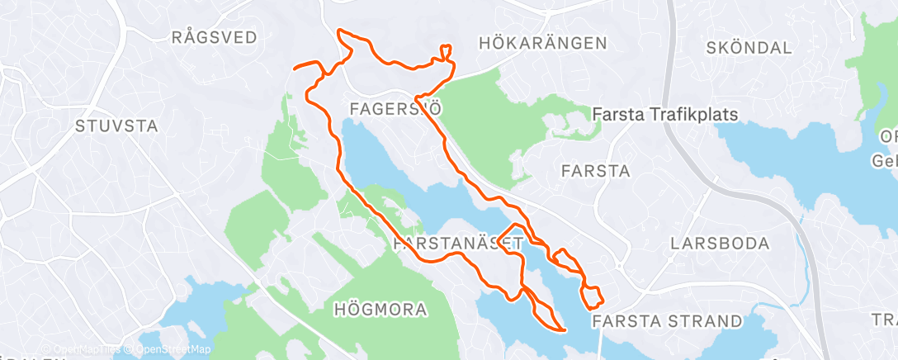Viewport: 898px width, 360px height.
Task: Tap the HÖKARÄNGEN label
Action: (542, 43)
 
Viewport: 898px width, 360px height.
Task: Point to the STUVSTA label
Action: (116, 126)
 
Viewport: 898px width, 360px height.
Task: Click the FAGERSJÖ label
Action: (390, 108)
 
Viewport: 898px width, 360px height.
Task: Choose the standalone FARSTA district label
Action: (595, 172)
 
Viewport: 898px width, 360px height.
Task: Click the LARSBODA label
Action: (720, 244)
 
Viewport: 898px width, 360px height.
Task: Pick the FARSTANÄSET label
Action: (459, 244)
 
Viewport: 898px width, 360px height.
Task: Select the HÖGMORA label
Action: (380, 310)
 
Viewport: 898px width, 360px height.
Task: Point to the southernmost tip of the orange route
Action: (563, 331)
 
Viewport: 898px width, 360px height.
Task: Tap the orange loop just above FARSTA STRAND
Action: (593, 295)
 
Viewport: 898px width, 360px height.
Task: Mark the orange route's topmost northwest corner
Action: (339, 31)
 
